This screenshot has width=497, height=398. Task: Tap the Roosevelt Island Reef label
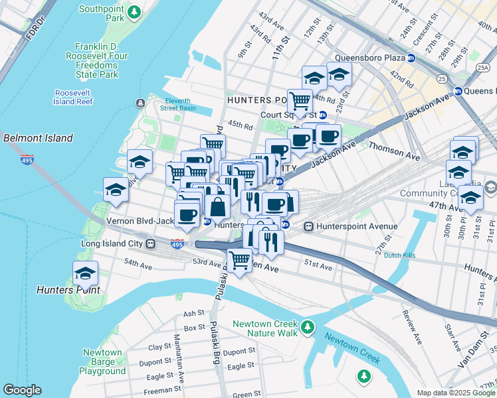coord(76,97)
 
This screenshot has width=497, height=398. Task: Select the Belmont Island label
coord(38,138)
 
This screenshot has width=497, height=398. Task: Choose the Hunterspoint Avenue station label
coord(357,226)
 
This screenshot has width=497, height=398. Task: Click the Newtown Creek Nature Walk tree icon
coord(306,327)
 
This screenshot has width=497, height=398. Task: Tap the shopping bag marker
coord(217,206)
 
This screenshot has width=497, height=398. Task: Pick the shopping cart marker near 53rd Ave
coord(239,259)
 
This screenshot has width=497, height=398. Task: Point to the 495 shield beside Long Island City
coord(177,244)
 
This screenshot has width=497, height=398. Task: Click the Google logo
coord(22,390)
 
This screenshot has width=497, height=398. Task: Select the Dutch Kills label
coord(400,255)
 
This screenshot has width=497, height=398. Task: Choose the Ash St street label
coord(193,313)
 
